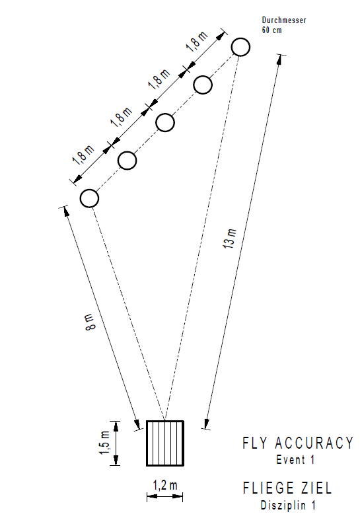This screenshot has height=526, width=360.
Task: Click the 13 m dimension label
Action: click(x=230, y=239)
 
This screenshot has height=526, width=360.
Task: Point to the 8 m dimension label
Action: click(x=90, y=322)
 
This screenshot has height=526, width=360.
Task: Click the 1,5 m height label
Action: click(x=104, y=443)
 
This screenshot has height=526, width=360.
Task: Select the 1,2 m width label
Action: click(x=165, y=485)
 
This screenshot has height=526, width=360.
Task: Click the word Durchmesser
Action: click(x=284, y=20)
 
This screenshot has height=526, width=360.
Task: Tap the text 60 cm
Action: click(x=272, y=30)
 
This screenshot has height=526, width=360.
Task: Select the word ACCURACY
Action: click(x=314, y=443)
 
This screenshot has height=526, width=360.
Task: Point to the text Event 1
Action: click(x=295, y=459)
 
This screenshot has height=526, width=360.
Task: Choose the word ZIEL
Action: click(x=316, y=488)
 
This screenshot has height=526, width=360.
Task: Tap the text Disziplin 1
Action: click(x=288, y=506)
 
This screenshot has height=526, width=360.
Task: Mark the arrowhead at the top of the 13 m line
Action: click(x=279, y=59)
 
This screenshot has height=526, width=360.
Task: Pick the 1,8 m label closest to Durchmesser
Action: click(x=197, y=42)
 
